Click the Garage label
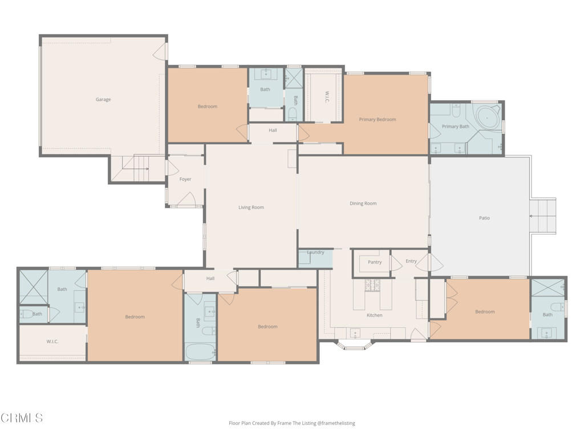click(103, 99)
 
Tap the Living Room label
click(251, 208)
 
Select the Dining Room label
click(363, 204)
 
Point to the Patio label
click(484, 218)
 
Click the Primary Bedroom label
click(378, 120)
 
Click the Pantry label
click(375, 262)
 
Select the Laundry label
click(315, 252)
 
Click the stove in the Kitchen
click(372, 285)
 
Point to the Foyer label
click(185, 179)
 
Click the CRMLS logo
click(21, 418)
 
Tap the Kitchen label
click(374, 315)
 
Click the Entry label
click(411, 261)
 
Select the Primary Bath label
click(456, 127)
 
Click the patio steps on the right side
click(543, 216)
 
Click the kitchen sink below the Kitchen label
click(355, 333)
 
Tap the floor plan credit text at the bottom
click(291, 423)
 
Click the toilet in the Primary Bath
click(456, 110)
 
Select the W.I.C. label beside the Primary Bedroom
click(327, 97)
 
